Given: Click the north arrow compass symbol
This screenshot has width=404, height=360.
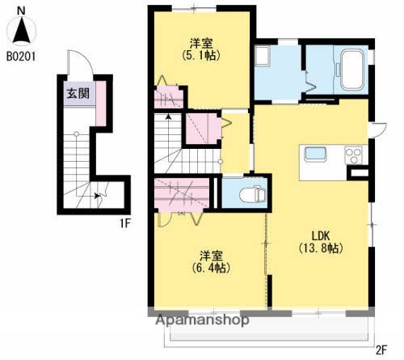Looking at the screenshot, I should point(22,32).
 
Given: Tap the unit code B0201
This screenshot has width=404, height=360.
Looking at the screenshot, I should point(23,57).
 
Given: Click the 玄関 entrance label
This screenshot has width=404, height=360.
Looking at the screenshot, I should point(78,91).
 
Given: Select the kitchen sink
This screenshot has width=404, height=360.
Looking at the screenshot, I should point(314,155).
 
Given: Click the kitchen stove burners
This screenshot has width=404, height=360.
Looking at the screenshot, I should point(353,154).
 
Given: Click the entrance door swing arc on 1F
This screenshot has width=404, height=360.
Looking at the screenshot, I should point(77,63).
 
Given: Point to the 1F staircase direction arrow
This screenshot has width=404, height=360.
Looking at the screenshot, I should point(97,195).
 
